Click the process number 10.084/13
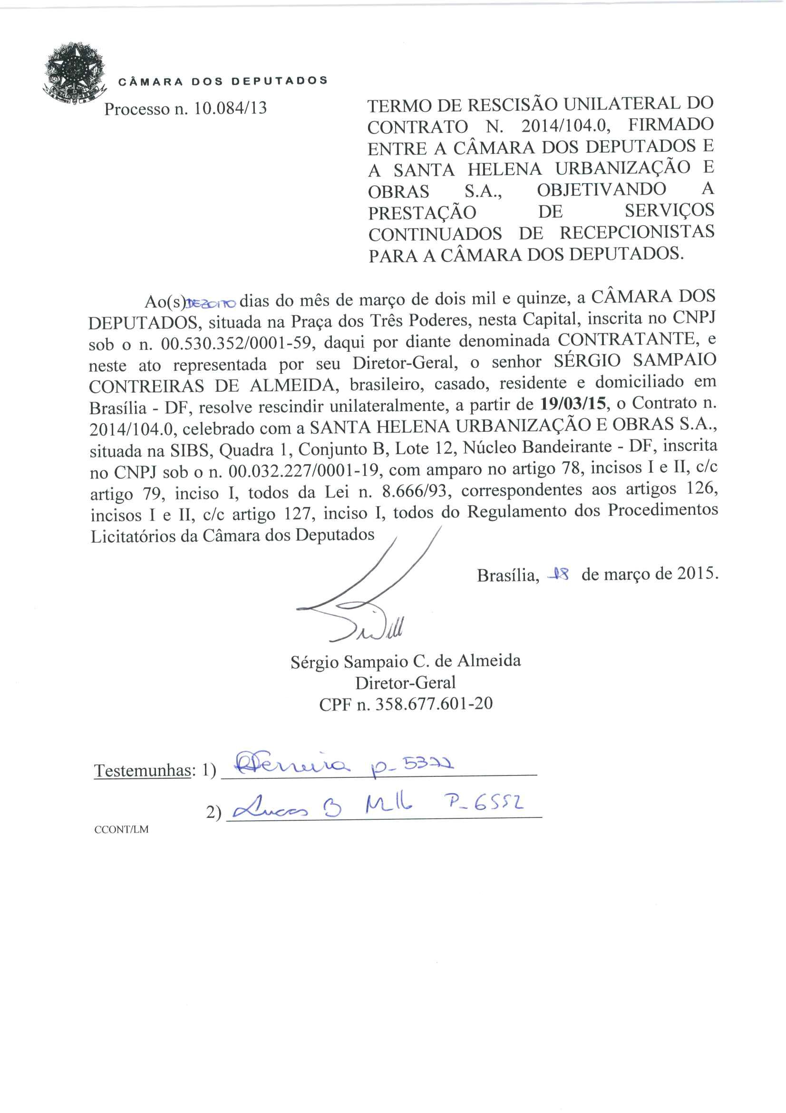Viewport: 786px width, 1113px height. click(231, 108)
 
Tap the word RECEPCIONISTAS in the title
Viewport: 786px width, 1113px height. click(637, 232)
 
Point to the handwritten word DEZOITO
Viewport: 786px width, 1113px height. click(212, 303)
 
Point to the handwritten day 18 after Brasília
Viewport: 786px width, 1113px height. click(558, 575)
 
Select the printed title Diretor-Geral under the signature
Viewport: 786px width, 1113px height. click(405, 683)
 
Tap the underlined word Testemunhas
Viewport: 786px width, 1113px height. click(142, 770)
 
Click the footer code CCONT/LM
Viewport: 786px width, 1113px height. click(122, 829)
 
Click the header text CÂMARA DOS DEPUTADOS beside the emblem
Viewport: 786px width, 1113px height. click(223, 81)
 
